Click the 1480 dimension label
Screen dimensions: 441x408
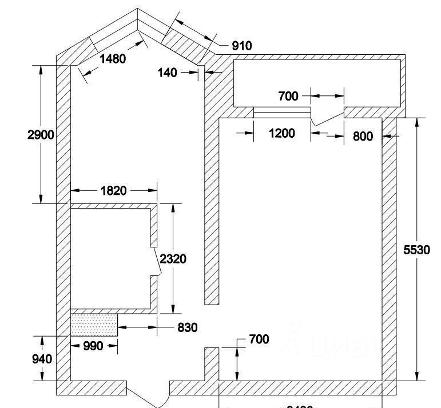click(112, 58)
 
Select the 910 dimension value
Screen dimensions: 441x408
click(241, 46)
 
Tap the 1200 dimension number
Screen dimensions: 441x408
click(282, 133)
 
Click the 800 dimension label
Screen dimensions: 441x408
click(363, 136)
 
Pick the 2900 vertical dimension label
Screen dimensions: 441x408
click(41, 135)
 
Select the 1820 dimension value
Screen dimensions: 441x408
click(113, 191)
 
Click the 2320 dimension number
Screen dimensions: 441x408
click(173, 259)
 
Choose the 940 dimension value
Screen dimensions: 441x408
click(42, 359)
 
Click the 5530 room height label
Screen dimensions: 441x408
click(416, 250)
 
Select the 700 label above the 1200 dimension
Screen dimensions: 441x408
click(288, 96)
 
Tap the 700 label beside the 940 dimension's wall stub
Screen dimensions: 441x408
click(259, 339)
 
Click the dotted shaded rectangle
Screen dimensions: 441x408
click(94, 325)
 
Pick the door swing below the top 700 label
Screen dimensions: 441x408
click(327, 117)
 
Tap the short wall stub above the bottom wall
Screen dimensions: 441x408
click(212, 363)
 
